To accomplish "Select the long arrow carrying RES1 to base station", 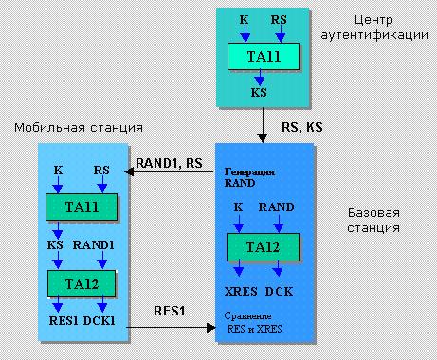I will click(x=171, y=327).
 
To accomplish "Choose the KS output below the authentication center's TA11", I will click(x=259, y=95).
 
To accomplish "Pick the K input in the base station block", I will click(x=239, y=206).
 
